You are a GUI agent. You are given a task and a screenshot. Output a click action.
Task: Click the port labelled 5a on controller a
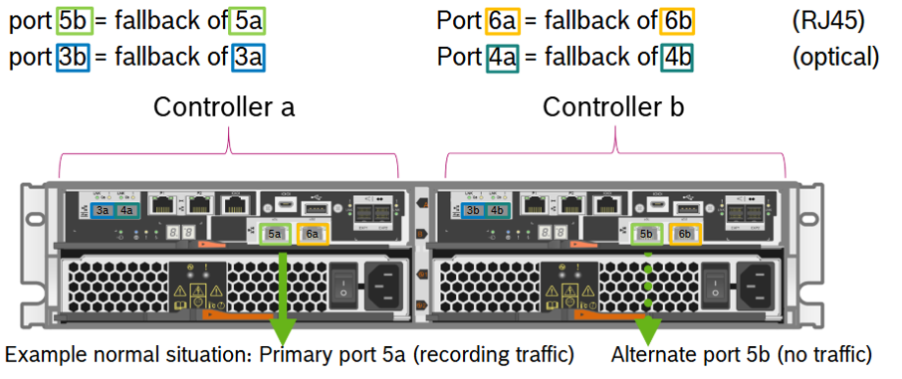tap(275, 234)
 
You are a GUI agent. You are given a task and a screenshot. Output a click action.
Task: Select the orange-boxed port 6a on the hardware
tap(313, 234)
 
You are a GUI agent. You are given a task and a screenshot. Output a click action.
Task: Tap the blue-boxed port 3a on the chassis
tap(102, 210)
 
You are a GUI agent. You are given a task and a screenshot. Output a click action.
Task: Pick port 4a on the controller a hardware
tap(125, 210)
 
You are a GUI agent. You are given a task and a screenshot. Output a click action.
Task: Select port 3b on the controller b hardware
tap(474, 210)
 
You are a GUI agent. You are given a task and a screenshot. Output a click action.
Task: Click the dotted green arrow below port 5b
tap(648, 298)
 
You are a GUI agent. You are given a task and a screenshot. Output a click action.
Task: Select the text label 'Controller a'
tap(224, 106)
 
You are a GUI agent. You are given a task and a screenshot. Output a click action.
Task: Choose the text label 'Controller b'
tap(613, 106)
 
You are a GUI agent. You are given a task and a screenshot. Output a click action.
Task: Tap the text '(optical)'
tap(835, 57)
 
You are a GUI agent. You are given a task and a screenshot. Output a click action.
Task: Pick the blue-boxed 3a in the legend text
tap(248, 57)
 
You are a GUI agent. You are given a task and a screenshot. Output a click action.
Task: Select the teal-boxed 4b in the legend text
tap(677, 57)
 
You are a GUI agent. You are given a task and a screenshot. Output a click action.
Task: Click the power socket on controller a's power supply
tap(385, 286)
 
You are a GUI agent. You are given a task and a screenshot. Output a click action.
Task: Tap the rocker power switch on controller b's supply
tap(713, 286)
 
